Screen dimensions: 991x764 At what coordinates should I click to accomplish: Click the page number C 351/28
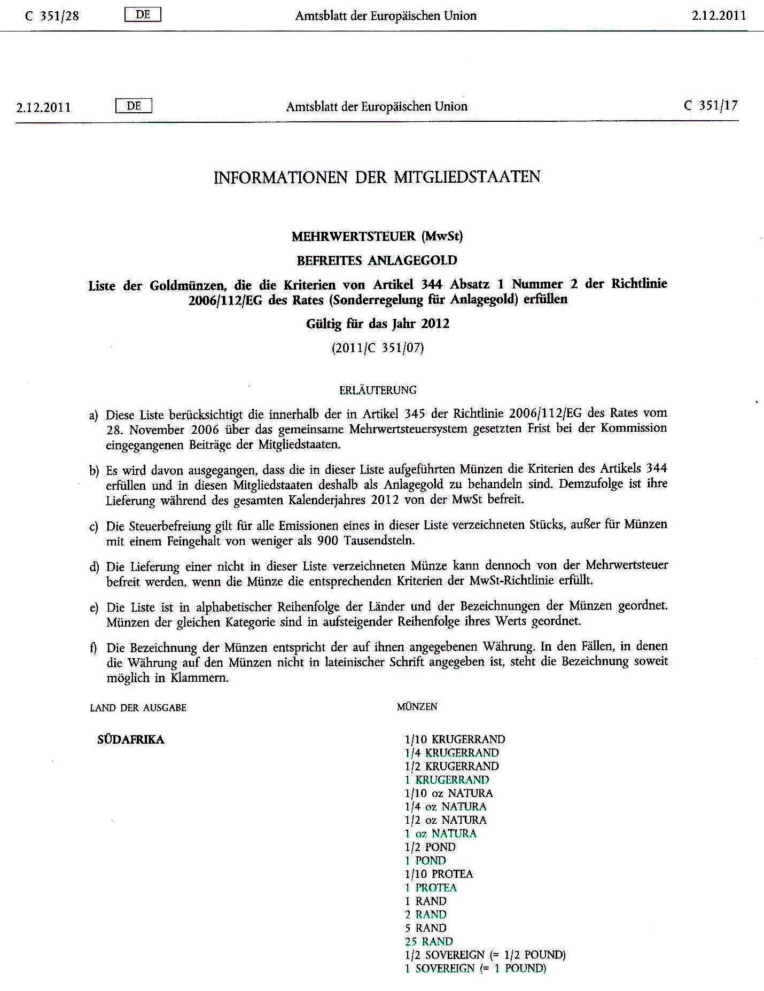click(52, 16)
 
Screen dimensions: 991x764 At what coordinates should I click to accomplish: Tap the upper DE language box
click(143, 15)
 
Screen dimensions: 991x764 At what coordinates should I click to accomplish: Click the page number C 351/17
click(711, 105)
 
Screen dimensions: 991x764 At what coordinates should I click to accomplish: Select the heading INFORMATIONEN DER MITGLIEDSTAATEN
click(377, 177)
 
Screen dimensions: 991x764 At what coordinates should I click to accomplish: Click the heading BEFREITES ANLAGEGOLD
click(377, 261)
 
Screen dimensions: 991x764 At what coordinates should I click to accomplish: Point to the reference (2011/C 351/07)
click(377, 348)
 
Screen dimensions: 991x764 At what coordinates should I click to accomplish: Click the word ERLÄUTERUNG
click(378, 390)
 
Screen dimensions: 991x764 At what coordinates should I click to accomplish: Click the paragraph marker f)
click(93, 648)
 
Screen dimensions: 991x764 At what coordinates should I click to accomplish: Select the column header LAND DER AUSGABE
click(138, 708)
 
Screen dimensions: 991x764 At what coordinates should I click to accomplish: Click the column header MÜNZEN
click(417, 707)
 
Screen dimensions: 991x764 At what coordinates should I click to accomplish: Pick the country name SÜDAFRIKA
click(131, 740)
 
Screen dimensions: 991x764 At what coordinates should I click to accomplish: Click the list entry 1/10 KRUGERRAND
click(455, 739)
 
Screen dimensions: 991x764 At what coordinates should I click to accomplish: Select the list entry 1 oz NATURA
click(440, 833)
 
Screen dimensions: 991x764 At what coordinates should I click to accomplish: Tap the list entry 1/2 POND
click(430, 847)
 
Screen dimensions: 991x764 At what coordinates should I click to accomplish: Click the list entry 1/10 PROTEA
click(439, 874)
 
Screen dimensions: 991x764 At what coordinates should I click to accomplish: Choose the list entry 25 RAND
click(428, 941)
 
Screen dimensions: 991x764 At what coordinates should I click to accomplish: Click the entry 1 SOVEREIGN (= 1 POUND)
click(475, 968)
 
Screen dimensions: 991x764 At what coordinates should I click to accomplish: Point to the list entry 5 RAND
click(425, 928)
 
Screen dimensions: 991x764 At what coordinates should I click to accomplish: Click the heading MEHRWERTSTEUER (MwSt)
click(377, 236)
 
